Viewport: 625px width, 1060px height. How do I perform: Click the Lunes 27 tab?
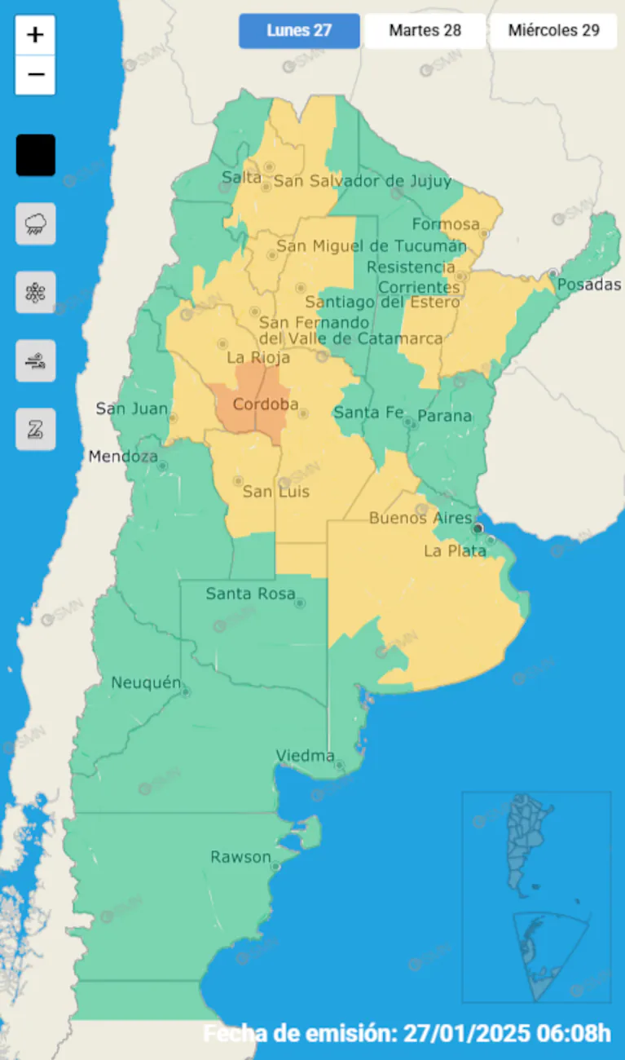pos(299,31)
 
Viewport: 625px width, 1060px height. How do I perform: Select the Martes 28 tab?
pos(425,31)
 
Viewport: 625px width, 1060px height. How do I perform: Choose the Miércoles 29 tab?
pos(553,31)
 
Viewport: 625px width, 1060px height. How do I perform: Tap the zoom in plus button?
pos(35,35)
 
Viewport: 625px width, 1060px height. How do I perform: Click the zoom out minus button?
pos(35,75)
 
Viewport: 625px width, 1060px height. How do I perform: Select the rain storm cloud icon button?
pos(36,223)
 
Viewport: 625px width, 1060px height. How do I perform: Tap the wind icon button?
pos(36,360)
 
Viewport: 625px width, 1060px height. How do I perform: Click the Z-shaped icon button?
pos(36,429)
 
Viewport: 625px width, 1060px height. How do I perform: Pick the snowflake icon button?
pos(36,292)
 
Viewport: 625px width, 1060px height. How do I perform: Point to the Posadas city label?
pos(589,285)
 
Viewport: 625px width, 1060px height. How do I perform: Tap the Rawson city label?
pos(240,857)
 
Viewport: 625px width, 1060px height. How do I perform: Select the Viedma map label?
pos(306,756)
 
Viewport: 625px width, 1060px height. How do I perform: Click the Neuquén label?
pos(145,682)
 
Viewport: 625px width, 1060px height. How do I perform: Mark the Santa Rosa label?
pos(250,594)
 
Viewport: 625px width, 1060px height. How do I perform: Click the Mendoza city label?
pos(123,457)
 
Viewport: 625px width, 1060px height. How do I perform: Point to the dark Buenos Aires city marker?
pos(478,528)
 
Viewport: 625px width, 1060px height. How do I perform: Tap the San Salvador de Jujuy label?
pos(362,181)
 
